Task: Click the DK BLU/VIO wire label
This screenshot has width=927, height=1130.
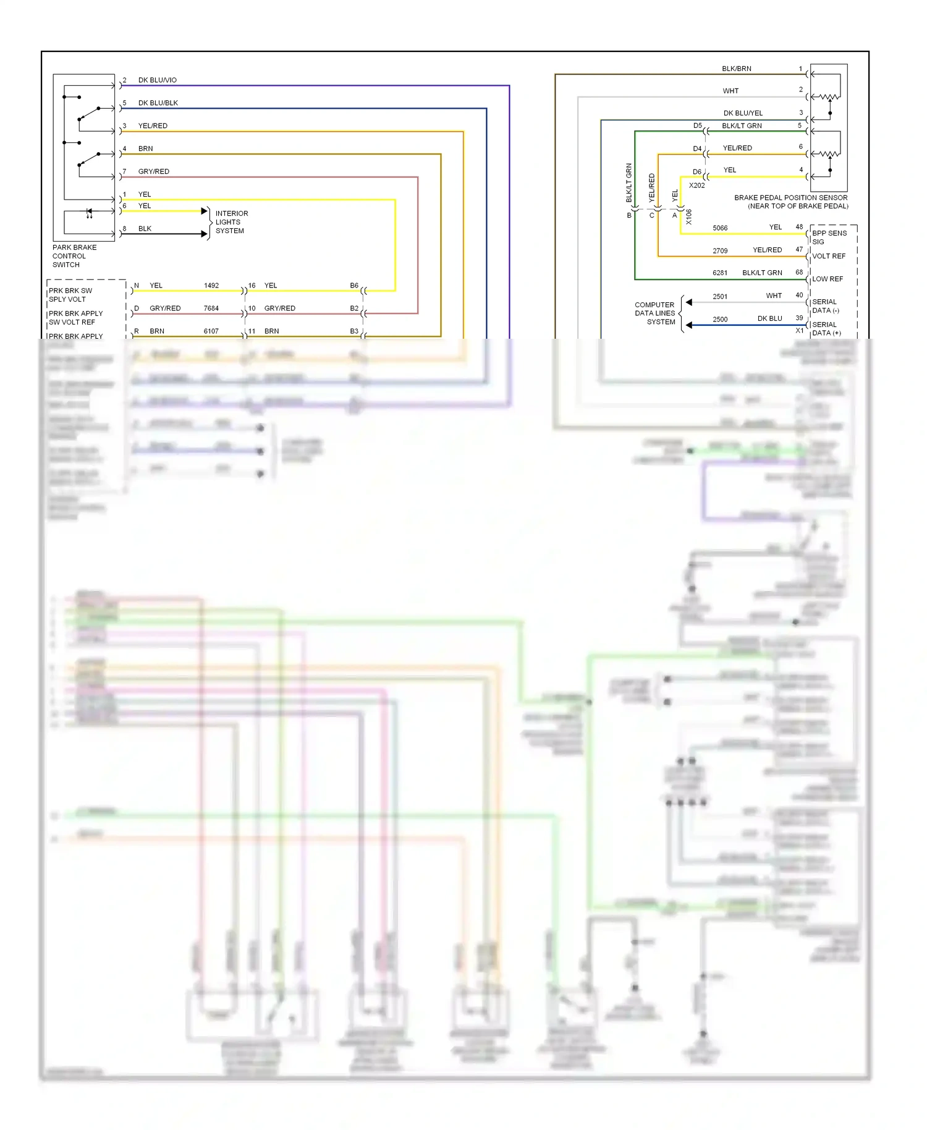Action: [157, 80]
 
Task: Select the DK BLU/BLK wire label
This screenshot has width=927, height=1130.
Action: [158, 103]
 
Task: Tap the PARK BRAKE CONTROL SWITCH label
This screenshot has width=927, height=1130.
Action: [74, 256]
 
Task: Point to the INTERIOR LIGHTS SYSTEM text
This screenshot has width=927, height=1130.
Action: [231, 222]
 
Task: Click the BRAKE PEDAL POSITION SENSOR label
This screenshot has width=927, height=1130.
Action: [791, 202]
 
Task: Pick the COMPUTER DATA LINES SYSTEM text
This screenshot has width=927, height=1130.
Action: [655, 313]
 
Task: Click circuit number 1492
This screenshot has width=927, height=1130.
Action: [211, 286]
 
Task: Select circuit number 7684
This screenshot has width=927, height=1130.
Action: [211, 308]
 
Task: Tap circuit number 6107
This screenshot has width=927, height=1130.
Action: [211, 331]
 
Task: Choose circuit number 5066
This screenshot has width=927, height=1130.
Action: [720, 228]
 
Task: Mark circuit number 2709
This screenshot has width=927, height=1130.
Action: [720, 251]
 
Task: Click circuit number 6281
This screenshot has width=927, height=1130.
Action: [720, 273]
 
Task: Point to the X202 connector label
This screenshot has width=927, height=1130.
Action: [696, 185]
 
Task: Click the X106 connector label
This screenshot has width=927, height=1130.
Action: [689, 216]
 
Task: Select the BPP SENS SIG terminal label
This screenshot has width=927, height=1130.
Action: [829, 237]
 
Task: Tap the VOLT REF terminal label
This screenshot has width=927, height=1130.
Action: [829, 257]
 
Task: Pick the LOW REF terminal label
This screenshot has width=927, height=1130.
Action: [828, 279]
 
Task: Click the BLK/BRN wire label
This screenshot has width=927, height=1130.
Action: [737, 69]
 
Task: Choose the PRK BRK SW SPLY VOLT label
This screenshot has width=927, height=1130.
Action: [70, 295]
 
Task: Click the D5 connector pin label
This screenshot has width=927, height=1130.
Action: [697, 126]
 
